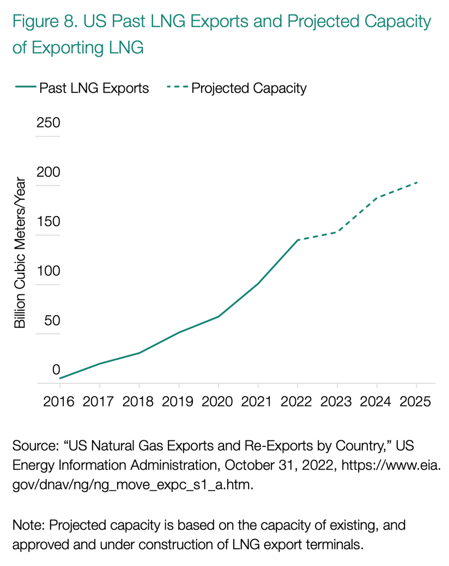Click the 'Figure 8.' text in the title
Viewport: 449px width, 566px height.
44,23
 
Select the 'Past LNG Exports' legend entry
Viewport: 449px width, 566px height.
93,88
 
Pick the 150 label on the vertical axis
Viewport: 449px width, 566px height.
48,223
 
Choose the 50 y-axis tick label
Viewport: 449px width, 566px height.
51,321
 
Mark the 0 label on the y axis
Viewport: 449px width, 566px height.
56,371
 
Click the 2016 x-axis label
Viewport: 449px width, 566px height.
59,402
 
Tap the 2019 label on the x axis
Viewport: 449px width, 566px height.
179,402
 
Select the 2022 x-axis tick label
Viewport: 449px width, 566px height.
298,402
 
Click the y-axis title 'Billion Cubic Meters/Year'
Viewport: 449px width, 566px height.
20,253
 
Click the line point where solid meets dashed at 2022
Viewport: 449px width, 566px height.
298,240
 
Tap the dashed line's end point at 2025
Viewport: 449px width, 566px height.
417,182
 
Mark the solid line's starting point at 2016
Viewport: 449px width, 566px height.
60,378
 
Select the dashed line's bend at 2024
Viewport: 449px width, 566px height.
377,197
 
